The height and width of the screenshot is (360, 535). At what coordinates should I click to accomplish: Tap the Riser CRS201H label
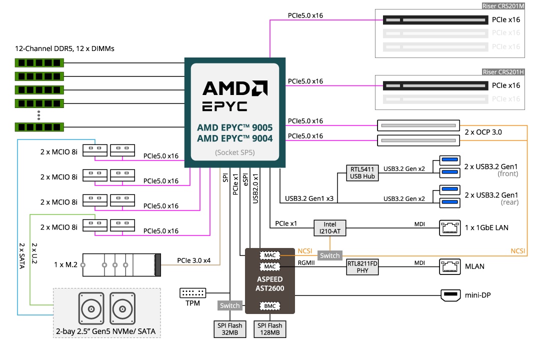(503, 72)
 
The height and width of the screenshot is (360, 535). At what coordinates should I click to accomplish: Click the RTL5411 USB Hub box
(362, 173)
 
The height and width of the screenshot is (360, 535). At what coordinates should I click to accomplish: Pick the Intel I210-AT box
(329, 228)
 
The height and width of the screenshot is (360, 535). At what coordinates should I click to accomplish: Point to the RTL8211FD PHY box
(362, 267)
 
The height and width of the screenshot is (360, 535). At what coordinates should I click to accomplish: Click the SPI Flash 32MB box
(229, 329)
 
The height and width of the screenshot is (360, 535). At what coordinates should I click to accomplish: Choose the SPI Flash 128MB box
(270, 329)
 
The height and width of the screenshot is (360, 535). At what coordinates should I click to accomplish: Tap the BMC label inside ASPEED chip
(269, 306)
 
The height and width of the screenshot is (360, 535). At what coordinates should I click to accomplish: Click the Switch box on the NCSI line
(329, 255)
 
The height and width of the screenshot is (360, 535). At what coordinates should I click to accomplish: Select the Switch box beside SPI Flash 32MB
(230, 305)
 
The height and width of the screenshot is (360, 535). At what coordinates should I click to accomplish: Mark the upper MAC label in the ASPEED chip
(270, 255)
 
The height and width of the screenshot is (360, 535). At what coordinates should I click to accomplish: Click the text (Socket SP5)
(234, 152)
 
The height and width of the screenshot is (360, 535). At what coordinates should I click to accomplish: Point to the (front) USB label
(507, 174)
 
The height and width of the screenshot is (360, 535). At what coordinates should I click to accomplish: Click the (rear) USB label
(509, 202)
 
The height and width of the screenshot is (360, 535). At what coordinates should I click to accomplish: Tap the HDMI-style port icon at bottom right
(450, 295)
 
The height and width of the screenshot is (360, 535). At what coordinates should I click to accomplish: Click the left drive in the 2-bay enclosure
(91, 309)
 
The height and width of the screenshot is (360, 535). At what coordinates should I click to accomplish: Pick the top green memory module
(39, 63)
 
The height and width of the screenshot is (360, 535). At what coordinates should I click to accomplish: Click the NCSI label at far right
(517, 251)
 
